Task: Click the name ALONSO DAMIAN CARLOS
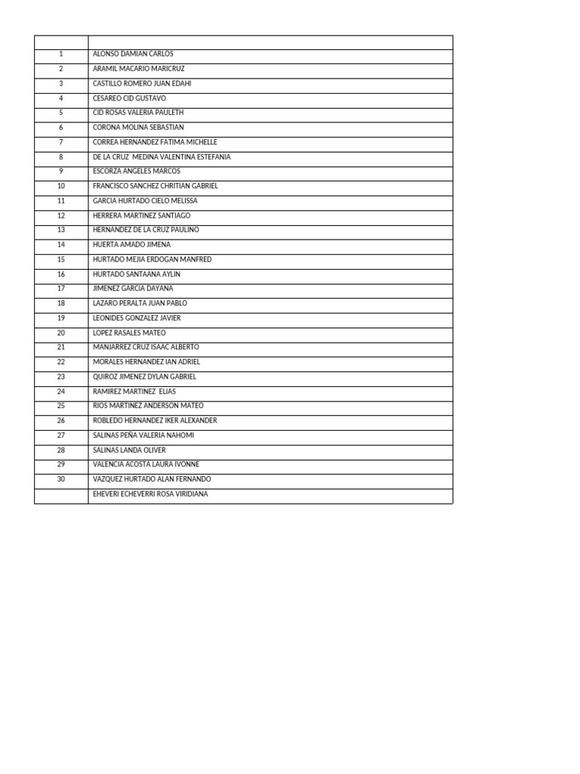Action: click(133, 54)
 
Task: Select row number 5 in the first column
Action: click(61, 113)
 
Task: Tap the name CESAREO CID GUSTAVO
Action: click(129, 98)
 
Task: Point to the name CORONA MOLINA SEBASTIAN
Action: click(138, 128)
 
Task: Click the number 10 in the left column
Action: click(61, 186)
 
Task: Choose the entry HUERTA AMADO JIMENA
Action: click(131, 245)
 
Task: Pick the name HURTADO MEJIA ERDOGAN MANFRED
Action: click(152, 259)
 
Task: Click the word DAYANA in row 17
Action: click(159, 289)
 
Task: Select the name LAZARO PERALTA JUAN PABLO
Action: click(139, 303)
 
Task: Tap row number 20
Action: click(61, 333)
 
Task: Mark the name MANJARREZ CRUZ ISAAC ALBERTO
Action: click(146, 347)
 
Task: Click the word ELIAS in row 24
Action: click(167, 392)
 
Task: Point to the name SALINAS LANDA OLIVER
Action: click(129, 450)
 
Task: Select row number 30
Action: click(61, 479)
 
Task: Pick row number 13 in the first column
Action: click(61, 230)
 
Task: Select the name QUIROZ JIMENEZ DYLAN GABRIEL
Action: click(144, 376)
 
